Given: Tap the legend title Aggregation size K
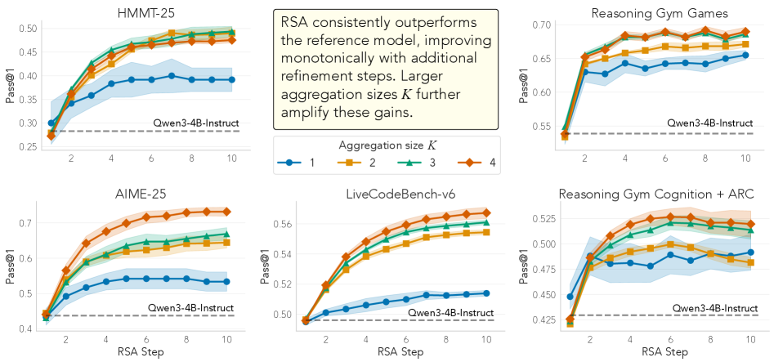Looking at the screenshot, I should pyautogui.click(x=387, y=145).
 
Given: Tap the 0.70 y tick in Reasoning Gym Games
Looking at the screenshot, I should pyautogui.click(x=542, y=25).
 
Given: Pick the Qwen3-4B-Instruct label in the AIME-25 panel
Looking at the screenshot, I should pyautogui.click(x=193, y=308).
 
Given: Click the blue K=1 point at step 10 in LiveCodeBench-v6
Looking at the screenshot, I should pyautogui.click(x=486, y=293).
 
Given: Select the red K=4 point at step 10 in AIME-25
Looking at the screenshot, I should pyautogui.click(x=226, y=211).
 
